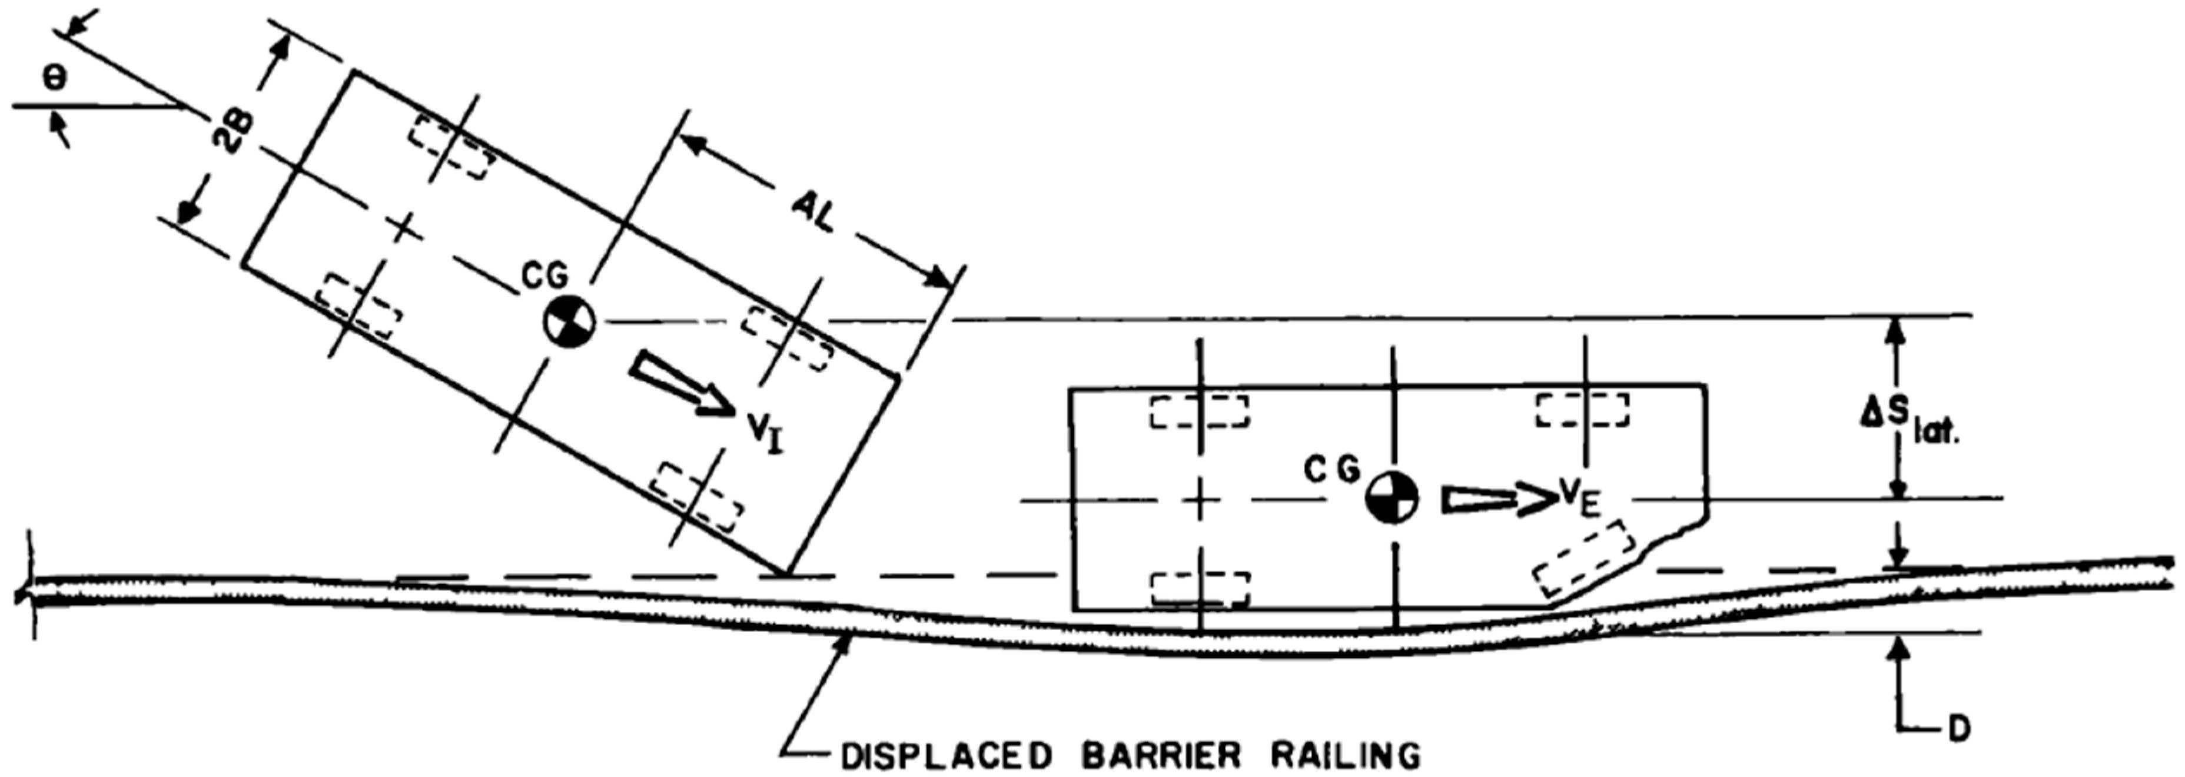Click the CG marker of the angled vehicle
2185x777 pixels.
tap(570, 321)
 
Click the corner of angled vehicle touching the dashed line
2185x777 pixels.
tap(785, 575)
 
